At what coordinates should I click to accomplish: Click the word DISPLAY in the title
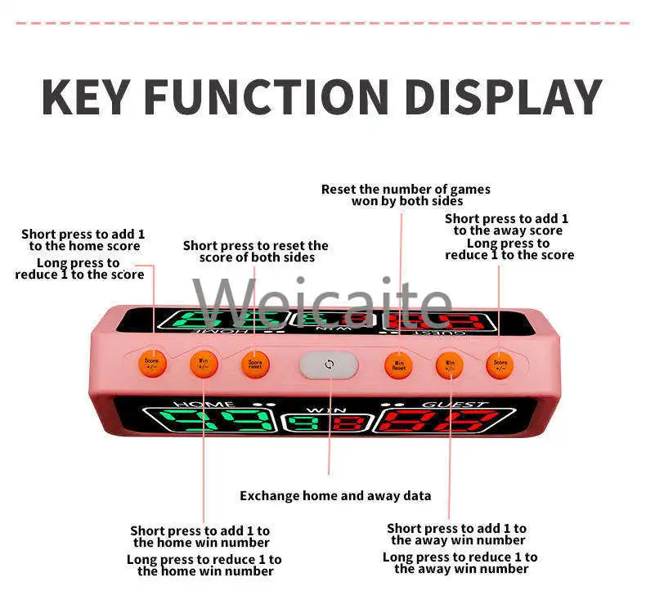click(x=503, y=96)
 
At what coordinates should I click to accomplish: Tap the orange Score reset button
click(x=255, y=364)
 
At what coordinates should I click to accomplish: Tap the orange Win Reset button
click(x=398, y=365)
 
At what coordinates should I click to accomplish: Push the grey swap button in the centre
click(x=329, y=365)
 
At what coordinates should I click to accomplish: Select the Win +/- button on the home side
click(x=203, y=363)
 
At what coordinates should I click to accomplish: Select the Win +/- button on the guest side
click(x=449, y=364)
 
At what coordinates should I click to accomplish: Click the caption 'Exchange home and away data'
click(x=335, y=496)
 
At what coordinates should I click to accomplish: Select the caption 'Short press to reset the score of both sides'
click(x=256, y=251)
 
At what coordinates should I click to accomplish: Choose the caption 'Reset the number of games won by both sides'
click(x=406, y=195)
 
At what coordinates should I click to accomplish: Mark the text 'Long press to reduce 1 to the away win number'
click(x=460, y=562)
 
